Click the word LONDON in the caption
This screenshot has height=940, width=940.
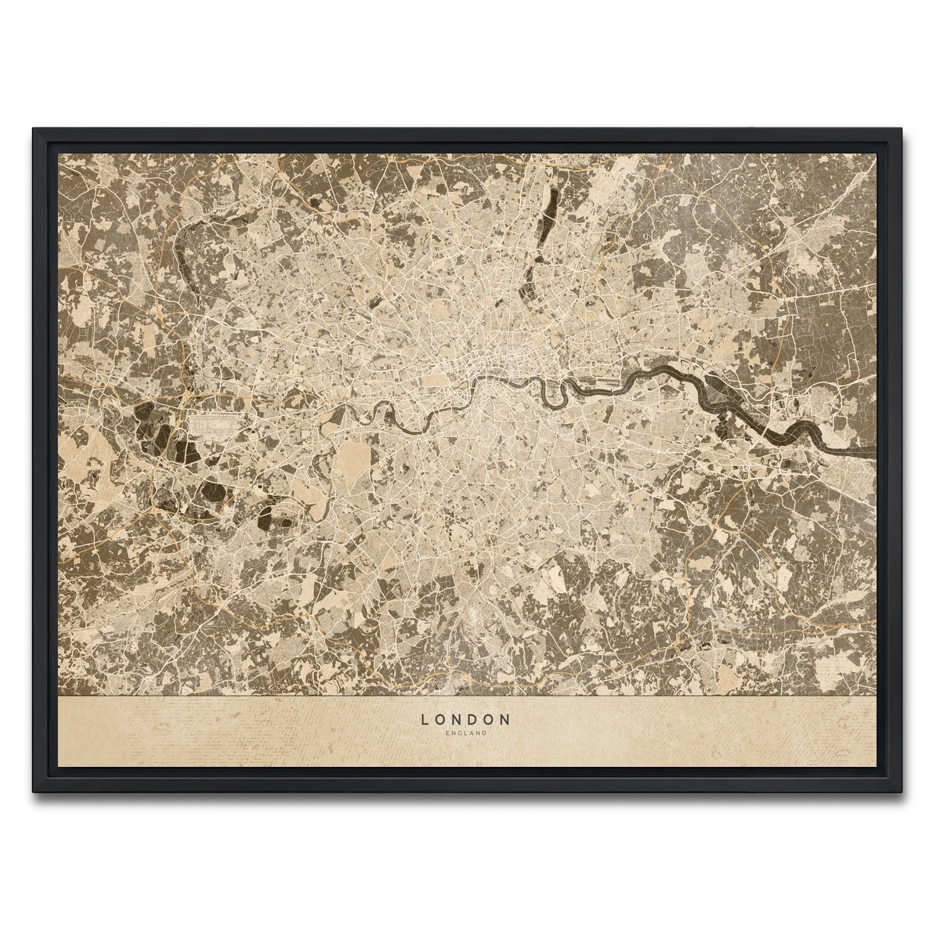[466, 718]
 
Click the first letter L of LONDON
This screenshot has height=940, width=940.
[425, 718]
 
